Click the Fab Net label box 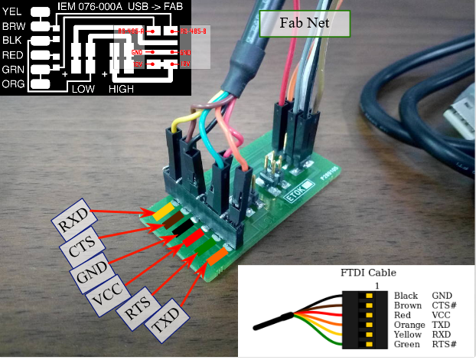[305, 25]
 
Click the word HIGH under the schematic [122, 89]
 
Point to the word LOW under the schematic [83, 89]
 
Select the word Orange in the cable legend [409, 325]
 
